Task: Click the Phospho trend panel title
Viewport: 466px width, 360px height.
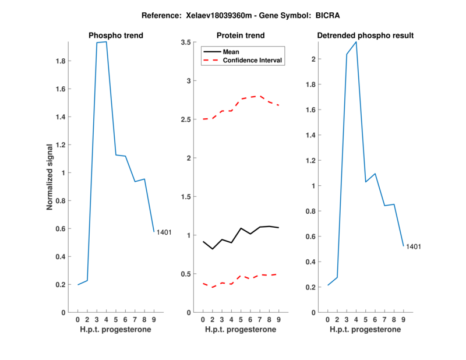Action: pos(116,36)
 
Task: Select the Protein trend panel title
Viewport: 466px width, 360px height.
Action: pos(241,36)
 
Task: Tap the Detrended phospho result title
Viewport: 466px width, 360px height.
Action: pos(365,36)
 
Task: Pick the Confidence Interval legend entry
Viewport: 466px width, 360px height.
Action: pos(253,59)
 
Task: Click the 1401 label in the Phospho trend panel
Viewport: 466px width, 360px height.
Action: pos(164,232)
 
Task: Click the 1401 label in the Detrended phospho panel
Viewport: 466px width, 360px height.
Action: pos(414,246)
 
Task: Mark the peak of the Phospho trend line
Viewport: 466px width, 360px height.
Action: pos(106,42)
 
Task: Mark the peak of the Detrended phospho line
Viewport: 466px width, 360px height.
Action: pos(356,42)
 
